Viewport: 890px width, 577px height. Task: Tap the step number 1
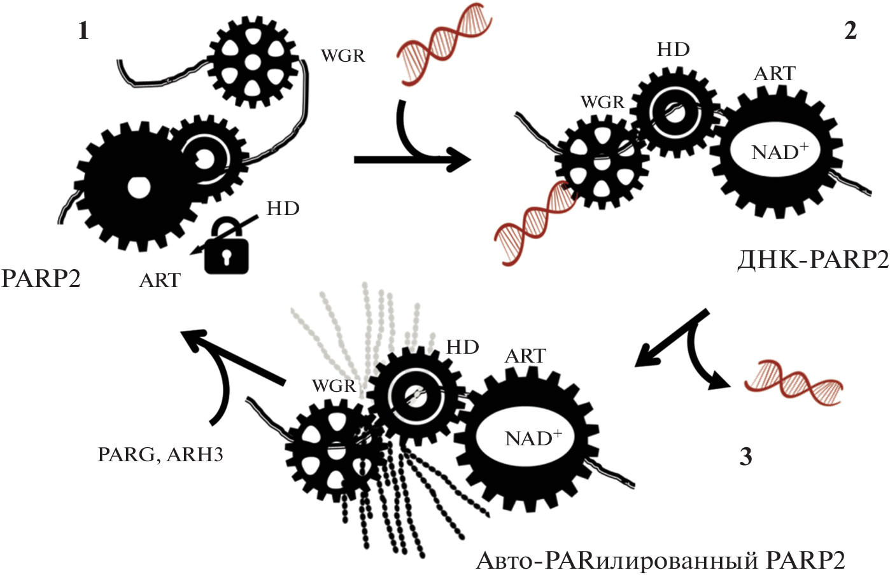coord(83,31)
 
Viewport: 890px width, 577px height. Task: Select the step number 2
coord(851,31)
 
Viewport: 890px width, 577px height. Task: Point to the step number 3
coord(745,456)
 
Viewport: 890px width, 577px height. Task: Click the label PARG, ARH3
coord(160,454)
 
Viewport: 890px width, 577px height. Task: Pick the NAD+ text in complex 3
coord(533,438)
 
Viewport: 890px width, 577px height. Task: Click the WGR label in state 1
coord(343,56)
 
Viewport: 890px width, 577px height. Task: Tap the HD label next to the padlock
coord(283,209)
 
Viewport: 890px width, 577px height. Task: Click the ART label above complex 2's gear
coord(774,74)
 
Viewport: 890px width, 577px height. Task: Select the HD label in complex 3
coord(462,347)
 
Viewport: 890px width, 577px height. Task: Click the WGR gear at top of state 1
coord(253,61)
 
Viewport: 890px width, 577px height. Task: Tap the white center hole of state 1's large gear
coord(138,187)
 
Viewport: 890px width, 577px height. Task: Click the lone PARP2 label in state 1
coord(41,279)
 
